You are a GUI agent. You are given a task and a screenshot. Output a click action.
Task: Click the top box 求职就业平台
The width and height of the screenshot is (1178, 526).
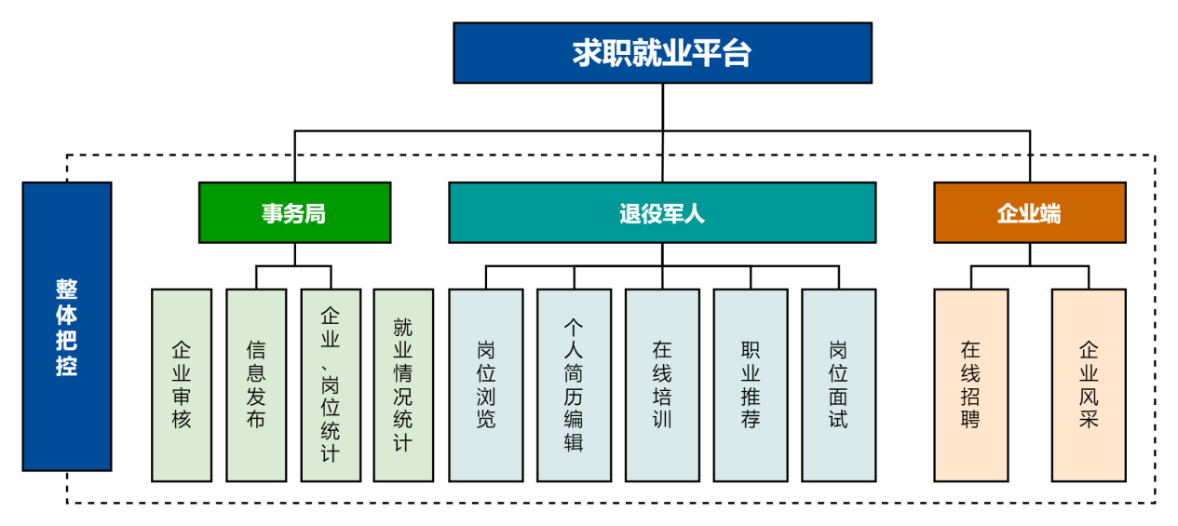pyautogui.click(x=663, y=53)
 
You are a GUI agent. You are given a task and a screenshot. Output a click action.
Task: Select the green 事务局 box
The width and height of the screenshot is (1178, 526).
pyautogui.click(x=295, y=213)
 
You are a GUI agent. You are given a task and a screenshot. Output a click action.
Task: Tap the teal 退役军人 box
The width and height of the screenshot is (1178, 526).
pyautogui.click(x=663, y=213)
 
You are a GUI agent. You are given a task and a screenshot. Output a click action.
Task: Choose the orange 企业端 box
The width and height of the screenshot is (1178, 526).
pyautogui.click(x=1030, y=213)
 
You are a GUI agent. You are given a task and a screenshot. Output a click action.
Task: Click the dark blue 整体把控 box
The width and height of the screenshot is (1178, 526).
pyautogui.click(x=67, y=327)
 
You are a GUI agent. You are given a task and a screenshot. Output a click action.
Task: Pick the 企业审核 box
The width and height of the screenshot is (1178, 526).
pyautogui.click(x=182, y=385)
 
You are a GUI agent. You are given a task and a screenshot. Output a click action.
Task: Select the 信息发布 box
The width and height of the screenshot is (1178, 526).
pyautogui.click(x=256, y=385)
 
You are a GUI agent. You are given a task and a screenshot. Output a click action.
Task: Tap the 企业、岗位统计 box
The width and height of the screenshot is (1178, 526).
pyautogui.click(x=331, y=385)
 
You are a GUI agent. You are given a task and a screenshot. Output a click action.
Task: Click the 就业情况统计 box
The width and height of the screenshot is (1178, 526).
pyautogui.click(x=403, y=385)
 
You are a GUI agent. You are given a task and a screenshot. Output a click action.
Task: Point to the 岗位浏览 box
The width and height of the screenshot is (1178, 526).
pyautogui.click(x=486, y=385)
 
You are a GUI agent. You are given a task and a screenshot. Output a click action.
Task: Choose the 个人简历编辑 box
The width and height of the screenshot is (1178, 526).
pyautogui.click(x=575, y=385)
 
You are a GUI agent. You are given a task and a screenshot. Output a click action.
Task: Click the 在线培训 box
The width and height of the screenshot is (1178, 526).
pyautogui.click(x=663, y=385)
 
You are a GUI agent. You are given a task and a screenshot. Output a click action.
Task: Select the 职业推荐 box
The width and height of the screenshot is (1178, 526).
pyautogui.click(x=751, y=385)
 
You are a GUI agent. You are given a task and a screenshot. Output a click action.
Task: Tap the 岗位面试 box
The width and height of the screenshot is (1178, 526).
pyautogui.click(x=839, y=385)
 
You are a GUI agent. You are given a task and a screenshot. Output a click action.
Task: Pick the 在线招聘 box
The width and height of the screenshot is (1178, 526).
pyautogui.click(x=970, y=385)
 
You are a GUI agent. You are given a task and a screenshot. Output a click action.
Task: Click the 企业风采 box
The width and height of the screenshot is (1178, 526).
pyautogui.click(x=1089, y=385)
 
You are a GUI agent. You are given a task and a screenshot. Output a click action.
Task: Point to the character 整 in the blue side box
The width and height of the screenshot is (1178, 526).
pyautogui.click(x=67, y=290)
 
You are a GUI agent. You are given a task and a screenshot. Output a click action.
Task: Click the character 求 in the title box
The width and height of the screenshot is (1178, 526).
pyautogui.click(x=588, y=53)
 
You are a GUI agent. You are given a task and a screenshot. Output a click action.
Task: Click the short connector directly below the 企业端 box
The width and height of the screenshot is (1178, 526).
pyautogui.click(x=1030, y=254)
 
